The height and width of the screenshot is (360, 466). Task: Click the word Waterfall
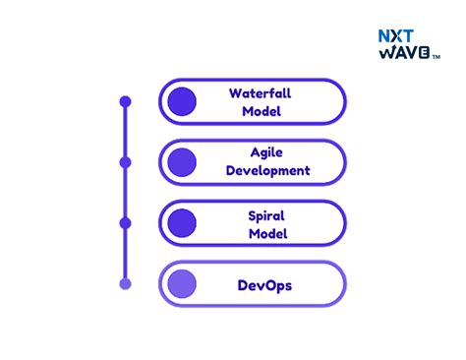[261, 93]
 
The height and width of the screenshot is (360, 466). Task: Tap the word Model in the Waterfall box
[261, 111]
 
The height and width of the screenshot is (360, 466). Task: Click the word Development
[267, 170]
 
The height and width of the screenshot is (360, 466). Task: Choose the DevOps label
[264, 286]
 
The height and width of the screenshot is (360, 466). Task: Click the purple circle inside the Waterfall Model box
[182, 101]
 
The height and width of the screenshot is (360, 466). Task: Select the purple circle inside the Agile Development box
[182, 161]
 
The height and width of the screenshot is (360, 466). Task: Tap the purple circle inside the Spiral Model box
[182, 223]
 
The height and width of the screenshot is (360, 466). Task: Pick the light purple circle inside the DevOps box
[182, 284]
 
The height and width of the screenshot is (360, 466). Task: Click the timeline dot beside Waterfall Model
[125, 101]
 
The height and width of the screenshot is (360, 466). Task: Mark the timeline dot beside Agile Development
[125, 161]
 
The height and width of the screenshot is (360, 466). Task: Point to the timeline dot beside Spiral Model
[125, 223]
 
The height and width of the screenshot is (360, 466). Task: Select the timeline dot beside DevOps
[125, 284]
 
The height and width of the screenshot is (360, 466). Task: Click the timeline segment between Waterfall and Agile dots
[125, 132]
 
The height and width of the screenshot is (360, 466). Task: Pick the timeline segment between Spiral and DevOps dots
[125, 254]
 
